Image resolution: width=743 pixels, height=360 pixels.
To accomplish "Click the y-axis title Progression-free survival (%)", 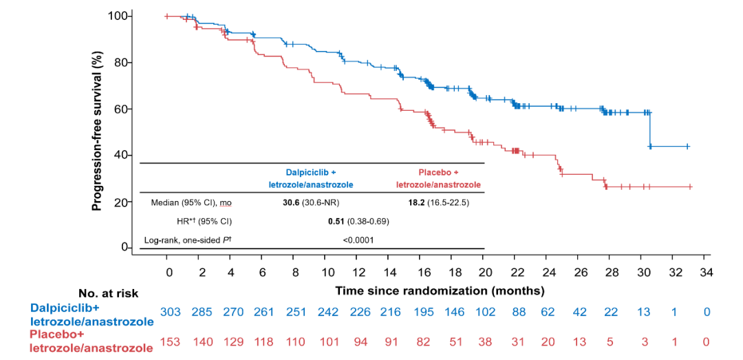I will point(98,131).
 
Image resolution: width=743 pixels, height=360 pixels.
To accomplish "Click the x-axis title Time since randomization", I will point(440,290).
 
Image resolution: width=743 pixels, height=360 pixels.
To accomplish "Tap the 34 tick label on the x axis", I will point(705,273).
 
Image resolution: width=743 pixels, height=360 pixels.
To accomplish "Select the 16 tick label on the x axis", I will point(420,273).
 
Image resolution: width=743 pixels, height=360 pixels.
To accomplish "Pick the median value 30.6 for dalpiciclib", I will point(287,202).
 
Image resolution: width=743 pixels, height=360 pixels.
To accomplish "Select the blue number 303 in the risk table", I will point(170,312).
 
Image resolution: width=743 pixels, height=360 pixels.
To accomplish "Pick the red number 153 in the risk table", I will point(170,341).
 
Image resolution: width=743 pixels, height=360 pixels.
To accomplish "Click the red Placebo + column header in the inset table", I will point(438,171).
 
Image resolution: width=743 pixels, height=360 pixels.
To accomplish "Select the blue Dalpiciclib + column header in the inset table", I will point(311,171).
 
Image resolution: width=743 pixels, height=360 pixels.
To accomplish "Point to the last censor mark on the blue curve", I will point(687,147).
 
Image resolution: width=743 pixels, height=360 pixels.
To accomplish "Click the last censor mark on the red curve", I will point(689,187).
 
